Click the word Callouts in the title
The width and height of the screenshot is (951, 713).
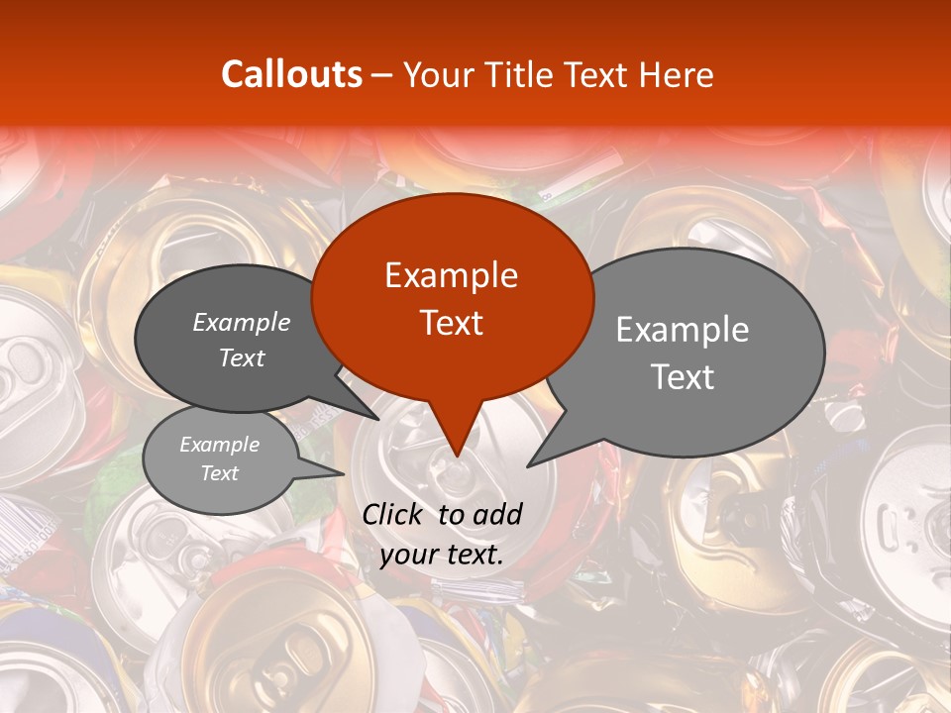coord(291,74)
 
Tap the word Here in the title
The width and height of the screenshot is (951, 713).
coord(675,74)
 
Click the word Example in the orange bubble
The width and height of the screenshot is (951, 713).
coord(451,275)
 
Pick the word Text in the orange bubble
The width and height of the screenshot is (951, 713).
coord(451,323)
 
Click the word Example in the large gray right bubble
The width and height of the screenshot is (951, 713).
coord(683,330)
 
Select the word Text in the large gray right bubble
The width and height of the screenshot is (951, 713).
coord(683,377)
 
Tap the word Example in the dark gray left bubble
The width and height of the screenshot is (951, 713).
coord(242,322)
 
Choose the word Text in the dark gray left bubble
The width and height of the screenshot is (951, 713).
coord(242,357)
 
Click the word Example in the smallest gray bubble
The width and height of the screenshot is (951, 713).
coord(220,445)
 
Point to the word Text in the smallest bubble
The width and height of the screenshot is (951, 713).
coord(220,473)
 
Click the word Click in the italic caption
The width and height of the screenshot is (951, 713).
coord(394,514)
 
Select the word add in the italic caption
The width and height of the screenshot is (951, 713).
coord(498,514)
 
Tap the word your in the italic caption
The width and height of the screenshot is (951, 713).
coord(407,555)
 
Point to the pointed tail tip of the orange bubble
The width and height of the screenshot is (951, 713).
coord(456,457)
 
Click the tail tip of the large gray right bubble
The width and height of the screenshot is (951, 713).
coord(528,465)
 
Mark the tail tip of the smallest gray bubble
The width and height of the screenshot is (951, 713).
coord(344,474)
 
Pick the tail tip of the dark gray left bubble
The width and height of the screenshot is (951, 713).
coord(378,419)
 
